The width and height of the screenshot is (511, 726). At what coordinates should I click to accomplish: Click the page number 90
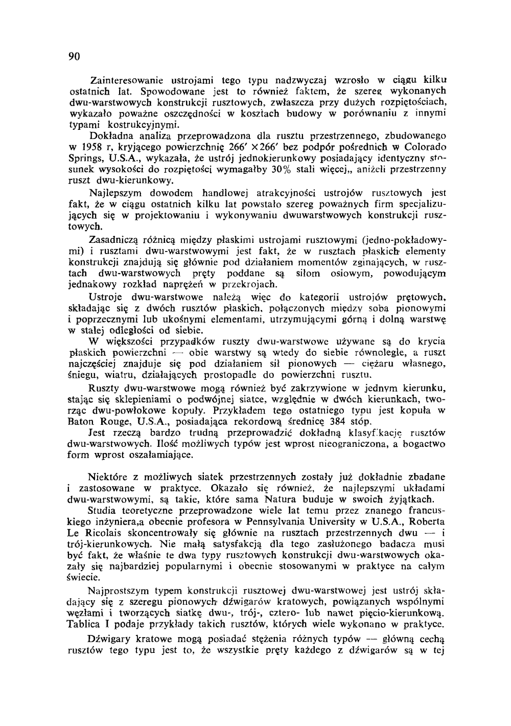pos(75,56)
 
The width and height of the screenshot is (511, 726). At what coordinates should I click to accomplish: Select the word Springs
pos(85,158)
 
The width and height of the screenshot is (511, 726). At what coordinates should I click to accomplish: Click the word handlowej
pos(225,193)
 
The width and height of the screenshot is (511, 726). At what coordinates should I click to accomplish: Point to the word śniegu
pos(83,375)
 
